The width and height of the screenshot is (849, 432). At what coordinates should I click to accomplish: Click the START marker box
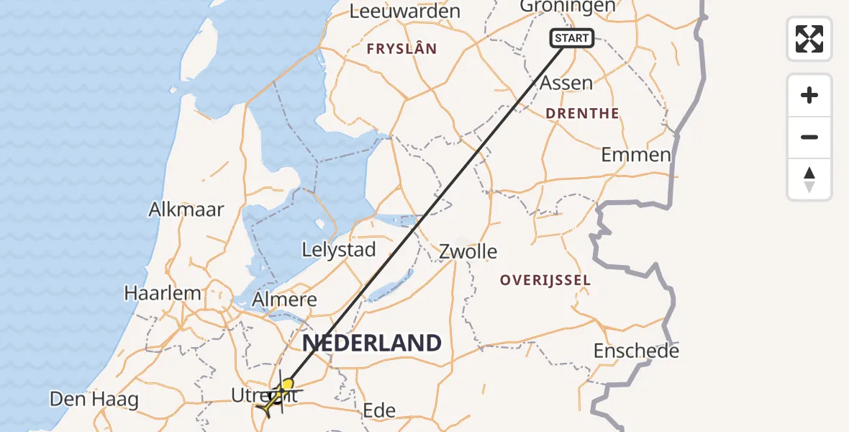coord(572,37)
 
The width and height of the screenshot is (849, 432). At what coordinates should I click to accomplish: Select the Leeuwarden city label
coord(404,11)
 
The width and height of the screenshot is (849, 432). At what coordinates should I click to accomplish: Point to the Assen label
coord(566,83)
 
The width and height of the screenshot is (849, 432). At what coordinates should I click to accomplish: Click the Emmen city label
coord(636,154)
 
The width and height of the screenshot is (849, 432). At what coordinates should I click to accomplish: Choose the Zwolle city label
coord(468,251)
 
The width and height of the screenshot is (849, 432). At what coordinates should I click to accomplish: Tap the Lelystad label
coord(339,250)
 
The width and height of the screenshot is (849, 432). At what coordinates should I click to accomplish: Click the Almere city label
coord(285,300)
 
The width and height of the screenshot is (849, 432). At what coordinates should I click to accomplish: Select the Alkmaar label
coord(186,210)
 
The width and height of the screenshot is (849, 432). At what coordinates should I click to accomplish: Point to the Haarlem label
coord(163,293)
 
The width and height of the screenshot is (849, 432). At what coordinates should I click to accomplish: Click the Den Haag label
coord(94,399)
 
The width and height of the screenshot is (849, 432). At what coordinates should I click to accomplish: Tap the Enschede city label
coord(636,351)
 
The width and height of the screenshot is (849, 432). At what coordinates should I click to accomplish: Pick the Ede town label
coord(379,410)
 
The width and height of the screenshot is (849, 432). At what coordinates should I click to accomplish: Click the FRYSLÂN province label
coord(401,49)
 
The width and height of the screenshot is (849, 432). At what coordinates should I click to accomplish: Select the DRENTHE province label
coord(582,113)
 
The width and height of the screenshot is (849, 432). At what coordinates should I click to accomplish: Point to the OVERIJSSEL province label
coord(546,280)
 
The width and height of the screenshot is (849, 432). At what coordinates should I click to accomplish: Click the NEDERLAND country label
coord(371,343)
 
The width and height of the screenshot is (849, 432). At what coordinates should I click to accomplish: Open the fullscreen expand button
coord(809,39)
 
